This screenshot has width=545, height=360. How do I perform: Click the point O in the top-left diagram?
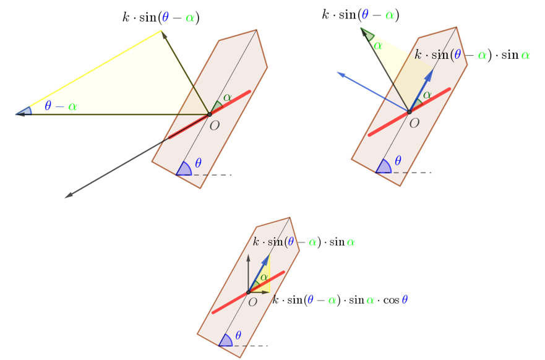pos(209,114)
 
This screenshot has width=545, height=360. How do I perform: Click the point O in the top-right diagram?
pos(409,112)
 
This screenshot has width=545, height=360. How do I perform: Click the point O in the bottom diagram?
pos(248,292)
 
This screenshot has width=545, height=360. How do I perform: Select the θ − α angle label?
pos(61,106)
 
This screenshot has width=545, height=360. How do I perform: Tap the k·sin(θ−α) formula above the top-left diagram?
pos(161,17)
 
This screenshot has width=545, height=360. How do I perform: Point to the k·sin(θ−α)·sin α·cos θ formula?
pos(340,300)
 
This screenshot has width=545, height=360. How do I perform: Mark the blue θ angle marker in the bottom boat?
pos(226,341)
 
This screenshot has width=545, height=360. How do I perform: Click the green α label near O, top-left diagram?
pos(227,97)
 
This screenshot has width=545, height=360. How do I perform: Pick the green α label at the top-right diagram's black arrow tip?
pos(378,46)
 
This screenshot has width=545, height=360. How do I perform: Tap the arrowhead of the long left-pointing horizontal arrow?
pos(20,114)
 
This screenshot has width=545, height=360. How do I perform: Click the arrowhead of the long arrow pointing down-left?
pos(69,195)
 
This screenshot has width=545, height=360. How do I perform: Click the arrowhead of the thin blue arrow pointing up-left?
pos(340,74)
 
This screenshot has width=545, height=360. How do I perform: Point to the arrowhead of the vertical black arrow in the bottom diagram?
pos(248,257)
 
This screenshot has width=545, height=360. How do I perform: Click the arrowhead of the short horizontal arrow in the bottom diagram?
pos(266,292)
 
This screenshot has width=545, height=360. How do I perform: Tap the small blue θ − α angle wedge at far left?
pos(24,111)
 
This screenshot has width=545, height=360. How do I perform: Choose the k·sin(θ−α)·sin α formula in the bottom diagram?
pos(304,241)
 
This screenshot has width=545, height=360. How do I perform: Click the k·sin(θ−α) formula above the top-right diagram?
pos(361,15)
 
